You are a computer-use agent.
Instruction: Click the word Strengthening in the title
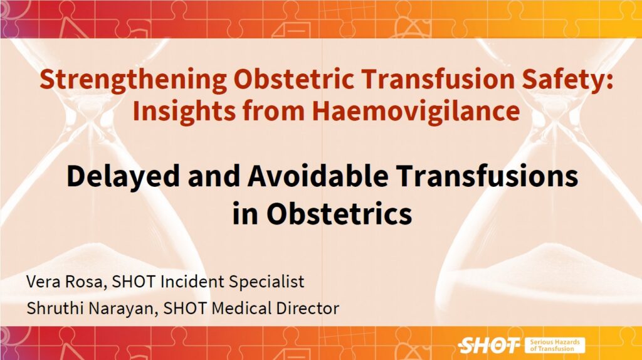[x=134, y=80]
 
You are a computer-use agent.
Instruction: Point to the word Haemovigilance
[x=416, y=112]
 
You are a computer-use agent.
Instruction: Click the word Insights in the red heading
[x=184, y=112]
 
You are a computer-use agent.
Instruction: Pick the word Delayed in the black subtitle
[x=123, y=176]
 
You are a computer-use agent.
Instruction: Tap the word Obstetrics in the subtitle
[x=339, y=213]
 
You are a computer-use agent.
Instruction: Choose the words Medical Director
[x=275, y=309]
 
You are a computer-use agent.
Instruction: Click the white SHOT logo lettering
[x=489, y=345]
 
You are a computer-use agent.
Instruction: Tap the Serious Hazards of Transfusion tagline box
[x=555, y=345]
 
